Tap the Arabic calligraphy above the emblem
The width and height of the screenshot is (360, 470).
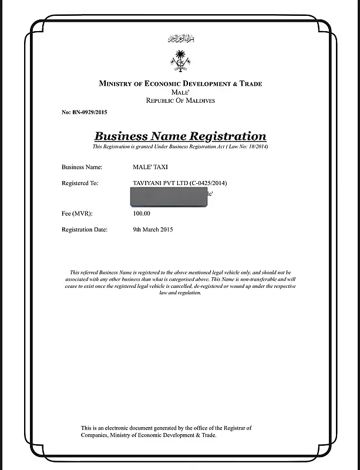click(180, 39)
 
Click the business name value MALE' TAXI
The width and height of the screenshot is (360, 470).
click(150, 167)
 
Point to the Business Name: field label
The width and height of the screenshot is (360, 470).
click(82, 167)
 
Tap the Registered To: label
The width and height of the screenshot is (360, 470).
click(80, 183)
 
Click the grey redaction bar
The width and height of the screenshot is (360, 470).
click(170, 197)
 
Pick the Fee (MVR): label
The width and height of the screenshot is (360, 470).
click(77, 213)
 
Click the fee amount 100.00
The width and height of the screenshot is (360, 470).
click(142, 213)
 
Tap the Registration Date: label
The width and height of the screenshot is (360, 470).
click(85, 230)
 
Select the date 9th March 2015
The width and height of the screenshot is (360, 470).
click(153, 230)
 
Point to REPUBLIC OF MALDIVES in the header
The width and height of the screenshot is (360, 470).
click(180, 100)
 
